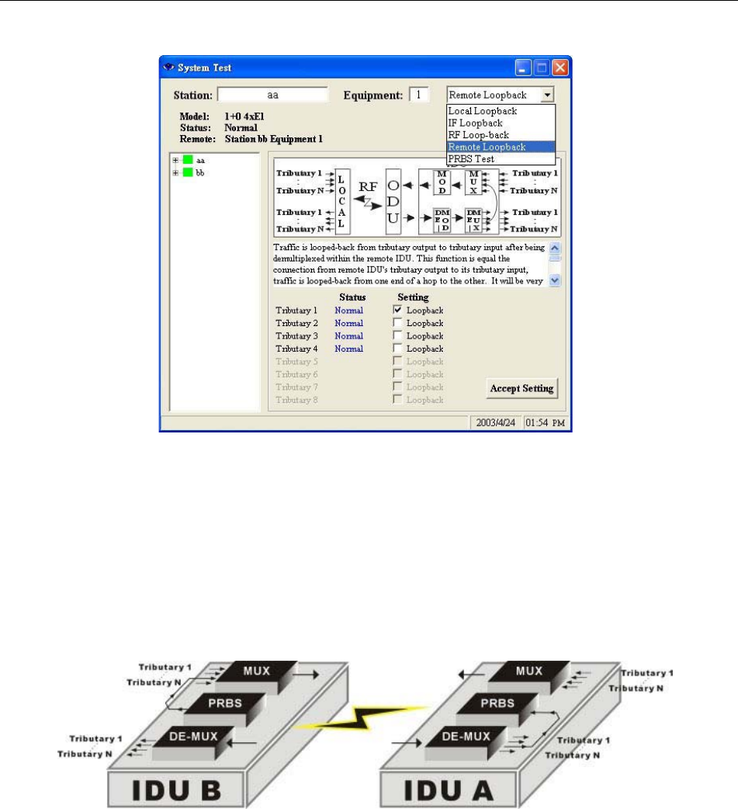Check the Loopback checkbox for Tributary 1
pos(398,311)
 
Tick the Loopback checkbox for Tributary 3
pos(398,336)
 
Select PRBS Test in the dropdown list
pos(472,158)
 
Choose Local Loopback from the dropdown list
pos(483,111)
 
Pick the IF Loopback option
pos(476,123)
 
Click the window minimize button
pos(525,68)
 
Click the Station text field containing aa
pos(272,95)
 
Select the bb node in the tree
pos(200,172)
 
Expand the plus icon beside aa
pos(175,160)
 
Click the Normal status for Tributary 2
pos(348,323)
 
